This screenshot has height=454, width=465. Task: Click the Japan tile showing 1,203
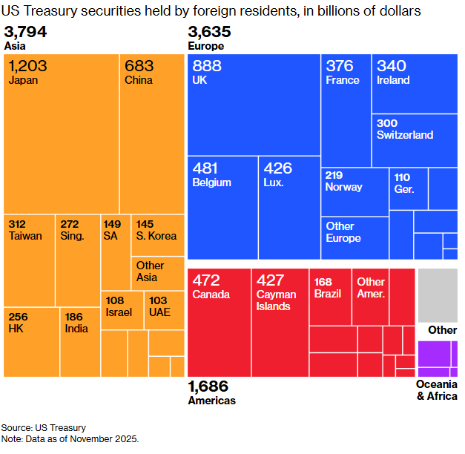click(x=62, y=134)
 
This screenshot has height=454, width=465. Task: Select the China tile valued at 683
click(x=152, y=134)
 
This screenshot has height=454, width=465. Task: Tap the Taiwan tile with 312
click(x=30, y=260)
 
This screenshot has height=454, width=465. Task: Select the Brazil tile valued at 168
click(x=330, y=297)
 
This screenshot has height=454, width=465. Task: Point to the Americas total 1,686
click(x=208, y=386)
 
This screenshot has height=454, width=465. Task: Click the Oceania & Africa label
click(x=436, y=390)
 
